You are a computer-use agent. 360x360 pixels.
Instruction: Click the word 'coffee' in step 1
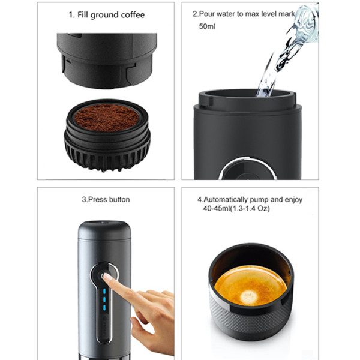click(x=133, y=15)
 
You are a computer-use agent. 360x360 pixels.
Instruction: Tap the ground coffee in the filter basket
click(x=107, y=118)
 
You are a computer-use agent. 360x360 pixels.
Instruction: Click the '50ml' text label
click(x=207, y=26)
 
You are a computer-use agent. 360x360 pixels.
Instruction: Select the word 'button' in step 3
click(x=119, y=200)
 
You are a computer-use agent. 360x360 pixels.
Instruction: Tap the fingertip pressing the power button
click(x=106, y=277)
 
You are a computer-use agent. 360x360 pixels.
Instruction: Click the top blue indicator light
click(x=104, y=291)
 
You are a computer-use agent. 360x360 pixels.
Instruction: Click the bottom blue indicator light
click(x=104, y=308)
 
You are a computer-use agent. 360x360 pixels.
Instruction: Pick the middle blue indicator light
click(x=104, y=299)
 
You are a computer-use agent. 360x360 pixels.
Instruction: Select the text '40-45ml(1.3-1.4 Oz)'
click(x=236, y=209)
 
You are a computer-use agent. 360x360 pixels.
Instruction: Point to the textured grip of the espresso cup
click(x=250, y=322)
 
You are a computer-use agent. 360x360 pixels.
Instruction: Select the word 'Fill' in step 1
click(x=83, y=15)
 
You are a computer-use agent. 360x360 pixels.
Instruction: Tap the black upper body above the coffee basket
click(x=107, y=60)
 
